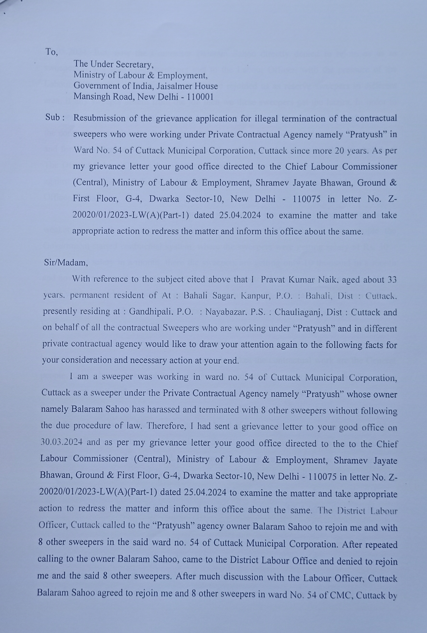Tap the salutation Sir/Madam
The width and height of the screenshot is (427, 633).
click(x=66, y=263)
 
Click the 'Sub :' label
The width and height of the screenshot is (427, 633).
click(x=55, y=118)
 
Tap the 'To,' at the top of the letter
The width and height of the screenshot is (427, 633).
click(x=51, y=52)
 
